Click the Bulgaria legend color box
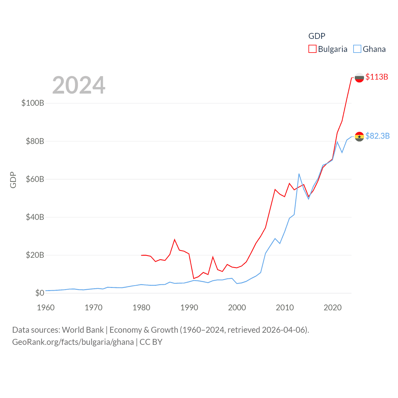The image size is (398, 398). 312,49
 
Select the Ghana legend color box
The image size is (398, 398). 357,49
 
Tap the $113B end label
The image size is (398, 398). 377,77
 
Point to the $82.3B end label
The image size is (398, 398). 377,136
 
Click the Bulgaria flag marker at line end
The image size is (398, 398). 359,77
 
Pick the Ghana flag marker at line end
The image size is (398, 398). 359,137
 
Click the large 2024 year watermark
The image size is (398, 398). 79,85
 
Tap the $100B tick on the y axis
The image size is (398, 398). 33,103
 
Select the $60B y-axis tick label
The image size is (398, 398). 35,179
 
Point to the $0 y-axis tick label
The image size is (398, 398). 39,293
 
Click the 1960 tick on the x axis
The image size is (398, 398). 46,308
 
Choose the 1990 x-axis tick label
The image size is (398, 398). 189,308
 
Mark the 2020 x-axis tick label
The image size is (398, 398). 332,308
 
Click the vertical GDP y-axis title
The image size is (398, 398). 13,180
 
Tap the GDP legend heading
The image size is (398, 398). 317,36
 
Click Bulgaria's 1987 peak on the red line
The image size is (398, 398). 175,239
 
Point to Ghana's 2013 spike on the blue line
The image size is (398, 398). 299,174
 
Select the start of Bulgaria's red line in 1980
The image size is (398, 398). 141,255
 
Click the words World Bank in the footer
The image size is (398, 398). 83,330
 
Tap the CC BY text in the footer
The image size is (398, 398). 151,342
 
